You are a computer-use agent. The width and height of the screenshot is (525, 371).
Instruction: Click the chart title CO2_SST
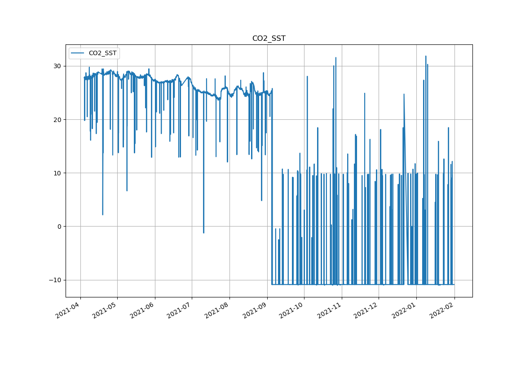(269, 39)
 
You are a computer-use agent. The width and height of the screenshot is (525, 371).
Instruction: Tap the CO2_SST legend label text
(102, 53)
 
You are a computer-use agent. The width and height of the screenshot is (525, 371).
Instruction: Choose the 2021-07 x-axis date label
(180, 310)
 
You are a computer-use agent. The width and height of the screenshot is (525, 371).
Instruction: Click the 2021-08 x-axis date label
(217, 310)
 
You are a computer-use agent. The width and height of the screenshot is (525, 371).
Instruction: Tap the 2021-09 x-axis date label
(255, 310)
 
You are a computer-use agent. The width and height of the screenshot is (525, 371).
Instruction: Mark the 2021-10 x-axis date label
(292, 310)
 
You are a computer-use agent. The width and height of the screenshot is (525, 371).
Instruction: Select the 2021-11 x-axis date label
(330, 310)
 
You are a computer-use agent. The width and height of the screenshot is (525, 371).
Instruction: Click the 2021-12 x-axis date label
(366, 310)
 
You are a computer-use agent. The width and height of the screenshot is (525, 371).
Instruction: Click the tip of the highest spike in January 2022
(426, 57)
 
